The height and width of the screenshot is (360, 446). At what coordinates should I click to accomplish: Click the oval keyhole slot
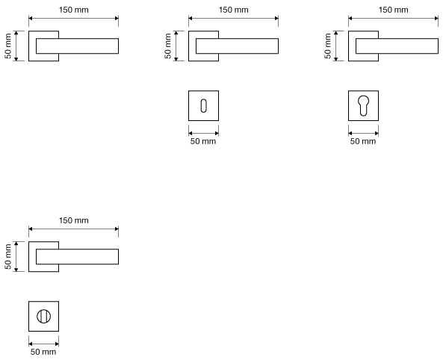pyautogui.click(x=203, y=106)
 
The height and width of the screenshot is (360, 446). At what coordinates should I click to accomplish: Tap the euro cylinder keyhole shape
pyautogui.click(x=363, y=105)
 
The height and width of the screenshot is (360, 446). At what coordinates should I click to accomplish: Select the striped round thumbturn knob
pyautogui.click(x=43, y=316)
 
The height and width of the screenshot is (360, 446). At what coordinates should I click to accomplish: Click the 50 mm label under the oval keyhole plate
pyautogui.click(x=203, y=141)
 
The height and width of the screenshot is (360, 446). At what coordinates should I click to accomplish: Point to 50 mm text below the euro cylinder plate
pyautogui.click(x=363, y=141)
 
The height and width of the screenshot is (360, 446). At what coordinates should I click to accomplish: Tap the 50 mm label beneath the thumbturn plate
pyautogui.click(x=43, y=352)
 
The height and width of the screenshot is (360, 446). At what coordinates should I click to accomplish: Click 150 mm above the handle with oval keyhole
pyautogui.click(x=234, y=10)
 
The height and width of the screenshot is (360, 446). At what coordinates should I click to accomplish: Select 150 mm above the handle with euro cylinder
pyautogui.click(x=394, y=10)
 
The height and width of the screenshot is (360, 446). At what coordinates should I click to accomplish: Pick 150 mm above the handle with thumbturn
pyautogui.click(x=74, y=220)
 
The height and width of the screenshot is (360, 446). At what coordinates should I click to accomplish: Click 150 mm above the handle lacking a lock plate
pyautogui.click(x=74, y=10)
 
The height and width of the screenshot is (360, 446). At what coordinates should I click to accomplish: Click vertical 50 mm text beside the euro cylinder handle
pyautogui.click(x=328, y=46)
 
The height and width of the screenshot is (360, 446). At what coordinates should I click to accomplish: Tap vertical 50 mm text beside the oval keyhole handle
pyautogui.click(x=168, y=46)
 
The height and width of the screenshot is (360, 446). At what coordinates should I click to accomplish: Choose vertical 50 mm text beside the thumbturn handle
pyautogui.click(x=8, y=257)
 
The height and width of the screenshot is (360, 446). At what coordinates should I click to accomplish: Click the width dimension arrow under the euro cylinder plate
pyautogui.click(x=363, y=133)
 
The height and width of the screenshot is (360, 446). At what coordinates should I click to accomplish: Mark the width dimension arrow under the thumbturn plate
pyautogui.click(x=43, y=344)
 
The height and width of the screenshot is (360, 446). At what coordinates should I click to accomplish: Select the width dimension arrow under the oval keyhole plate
pyautogui.click(x=203, y=133)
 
